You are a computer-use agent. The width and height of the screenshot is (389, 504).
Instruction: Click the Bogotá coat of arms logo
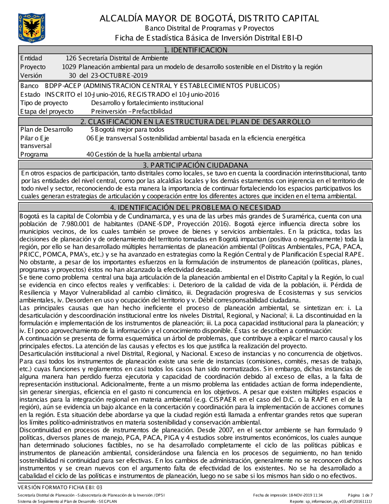[x=32, y=28]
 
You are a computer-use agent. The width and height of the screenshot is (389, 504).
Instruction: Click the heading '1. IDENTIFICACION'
[x=195, y=50]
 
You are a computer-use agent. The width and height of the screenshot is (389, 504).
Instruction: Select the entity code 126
[x=71, y=58]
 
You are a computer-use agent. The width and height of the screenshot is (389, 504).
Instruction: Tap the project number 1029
[x=69, y=67]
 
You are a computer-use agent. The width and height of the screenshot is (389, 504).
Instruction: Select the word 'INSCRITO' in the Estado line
[x=60, y=95]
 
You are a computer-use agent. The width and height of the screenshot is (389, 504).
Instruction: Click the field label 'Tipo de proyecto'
[x=44, y=103]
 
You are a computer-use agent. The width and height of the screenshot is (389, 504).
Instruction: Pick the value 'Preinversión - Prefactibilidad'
[x=131, y=112]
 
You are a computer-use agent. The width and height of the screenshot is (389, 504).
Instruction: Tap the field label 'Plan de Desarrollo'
[x=46, y=130]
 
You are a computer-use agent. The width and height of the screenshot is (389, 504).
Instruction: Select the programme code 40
[x=90, y=155]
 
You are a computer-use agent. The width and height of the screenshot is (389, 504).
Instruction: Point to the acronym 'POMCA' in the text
[x=51, y=255]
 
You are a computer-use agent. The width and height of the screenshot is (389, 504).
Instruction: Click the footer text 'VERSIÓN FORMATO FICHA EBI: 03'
[x=60, y=487]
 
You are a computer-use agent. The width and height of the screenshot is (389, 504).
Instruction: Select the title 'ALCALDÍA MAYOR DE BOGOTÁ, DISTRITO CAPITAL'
[x=209, y=18]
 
